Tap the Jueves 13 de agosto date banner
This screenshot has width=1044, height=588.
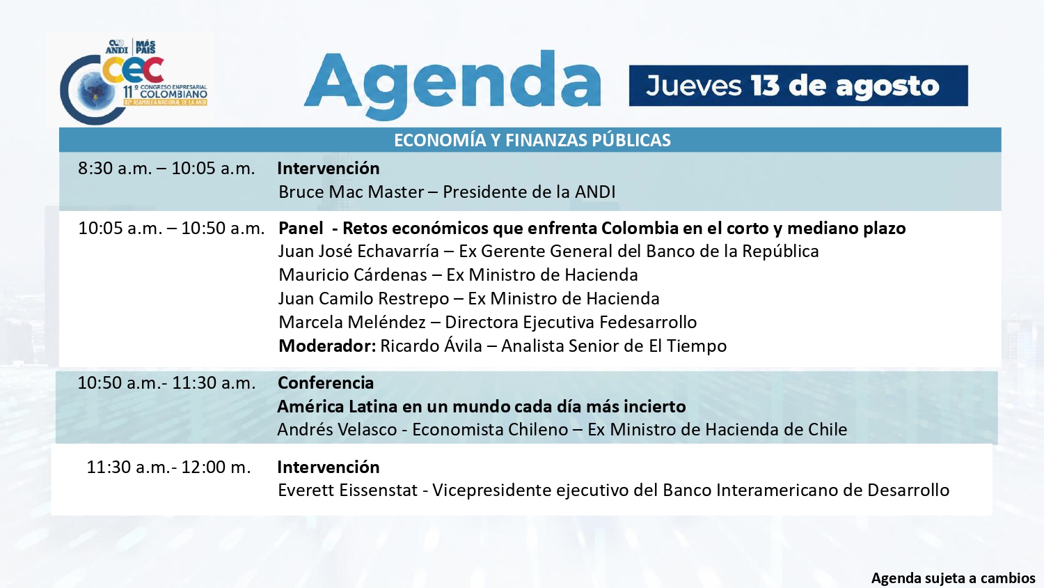(x=798, y=86)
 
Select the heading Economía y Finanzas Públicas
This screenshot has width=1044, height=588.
(x=532, y=140)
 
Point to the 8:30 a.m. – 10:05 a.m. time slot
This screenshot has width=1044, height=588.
(x=166, y=169)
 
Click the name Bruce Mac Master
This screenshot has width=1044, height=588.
(x=351, y=192)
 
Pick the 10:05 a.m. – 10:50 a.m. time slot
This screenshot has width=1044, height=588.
(x=171, y=229)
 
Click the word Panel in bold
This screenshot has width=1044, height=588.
(x=301, y=229)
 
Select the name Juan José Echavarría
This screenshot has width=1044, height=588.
(x=358, y=251)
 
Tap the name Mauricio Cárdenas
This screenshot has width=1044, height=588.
(x=352, y=275)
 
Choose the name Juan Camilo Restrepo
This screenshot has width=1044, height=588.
(x=363, y=299)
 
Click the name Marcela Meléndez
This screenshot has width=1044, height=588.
(x=352, y=323)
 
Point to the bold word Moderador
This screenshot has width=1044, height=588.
(x=327, y=346)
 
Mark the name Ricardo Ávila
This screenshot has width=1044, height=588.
(x=431, y=346)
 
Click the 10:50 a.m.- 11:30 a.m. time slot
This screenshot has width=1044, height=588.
(x=166, y=383)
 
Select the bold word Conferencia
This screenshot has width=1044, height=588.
(x=326, y=383)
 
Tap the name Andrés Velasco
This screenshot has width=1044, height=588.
(x=337, y=430)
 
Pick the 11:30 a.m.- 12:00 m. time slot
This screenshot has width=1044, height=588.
(x=168, y=467)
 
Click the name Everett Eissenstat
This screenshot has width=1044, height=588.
(x=348, y=490)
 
